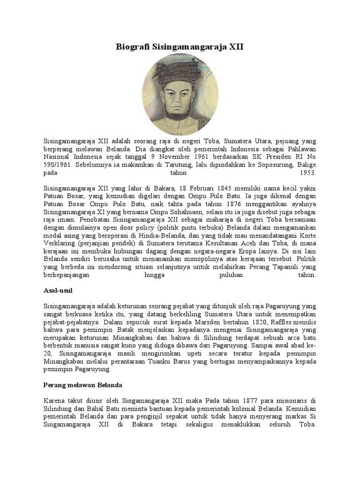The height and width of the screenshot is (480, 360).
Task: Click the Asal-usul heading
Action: (x=58, y=291)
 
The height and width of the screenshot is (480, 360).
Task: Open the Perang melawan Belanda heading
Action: (x=82, y=385)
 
